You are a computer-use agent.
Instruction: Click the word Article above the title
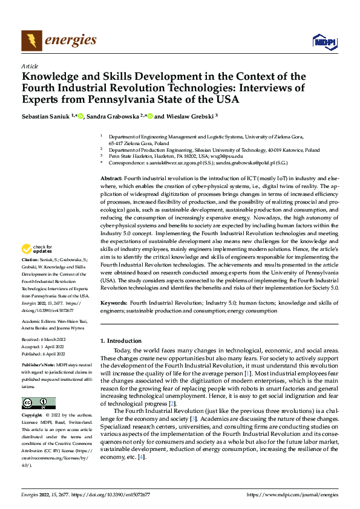click(x=30, y=66)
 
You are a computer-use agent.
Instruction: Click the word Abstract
click(x=111, y=163)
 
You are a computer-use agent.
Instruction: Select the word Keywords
click(x=114, y=302)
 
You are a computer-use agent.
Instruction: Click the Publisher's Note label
click(x=38, y=366)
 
